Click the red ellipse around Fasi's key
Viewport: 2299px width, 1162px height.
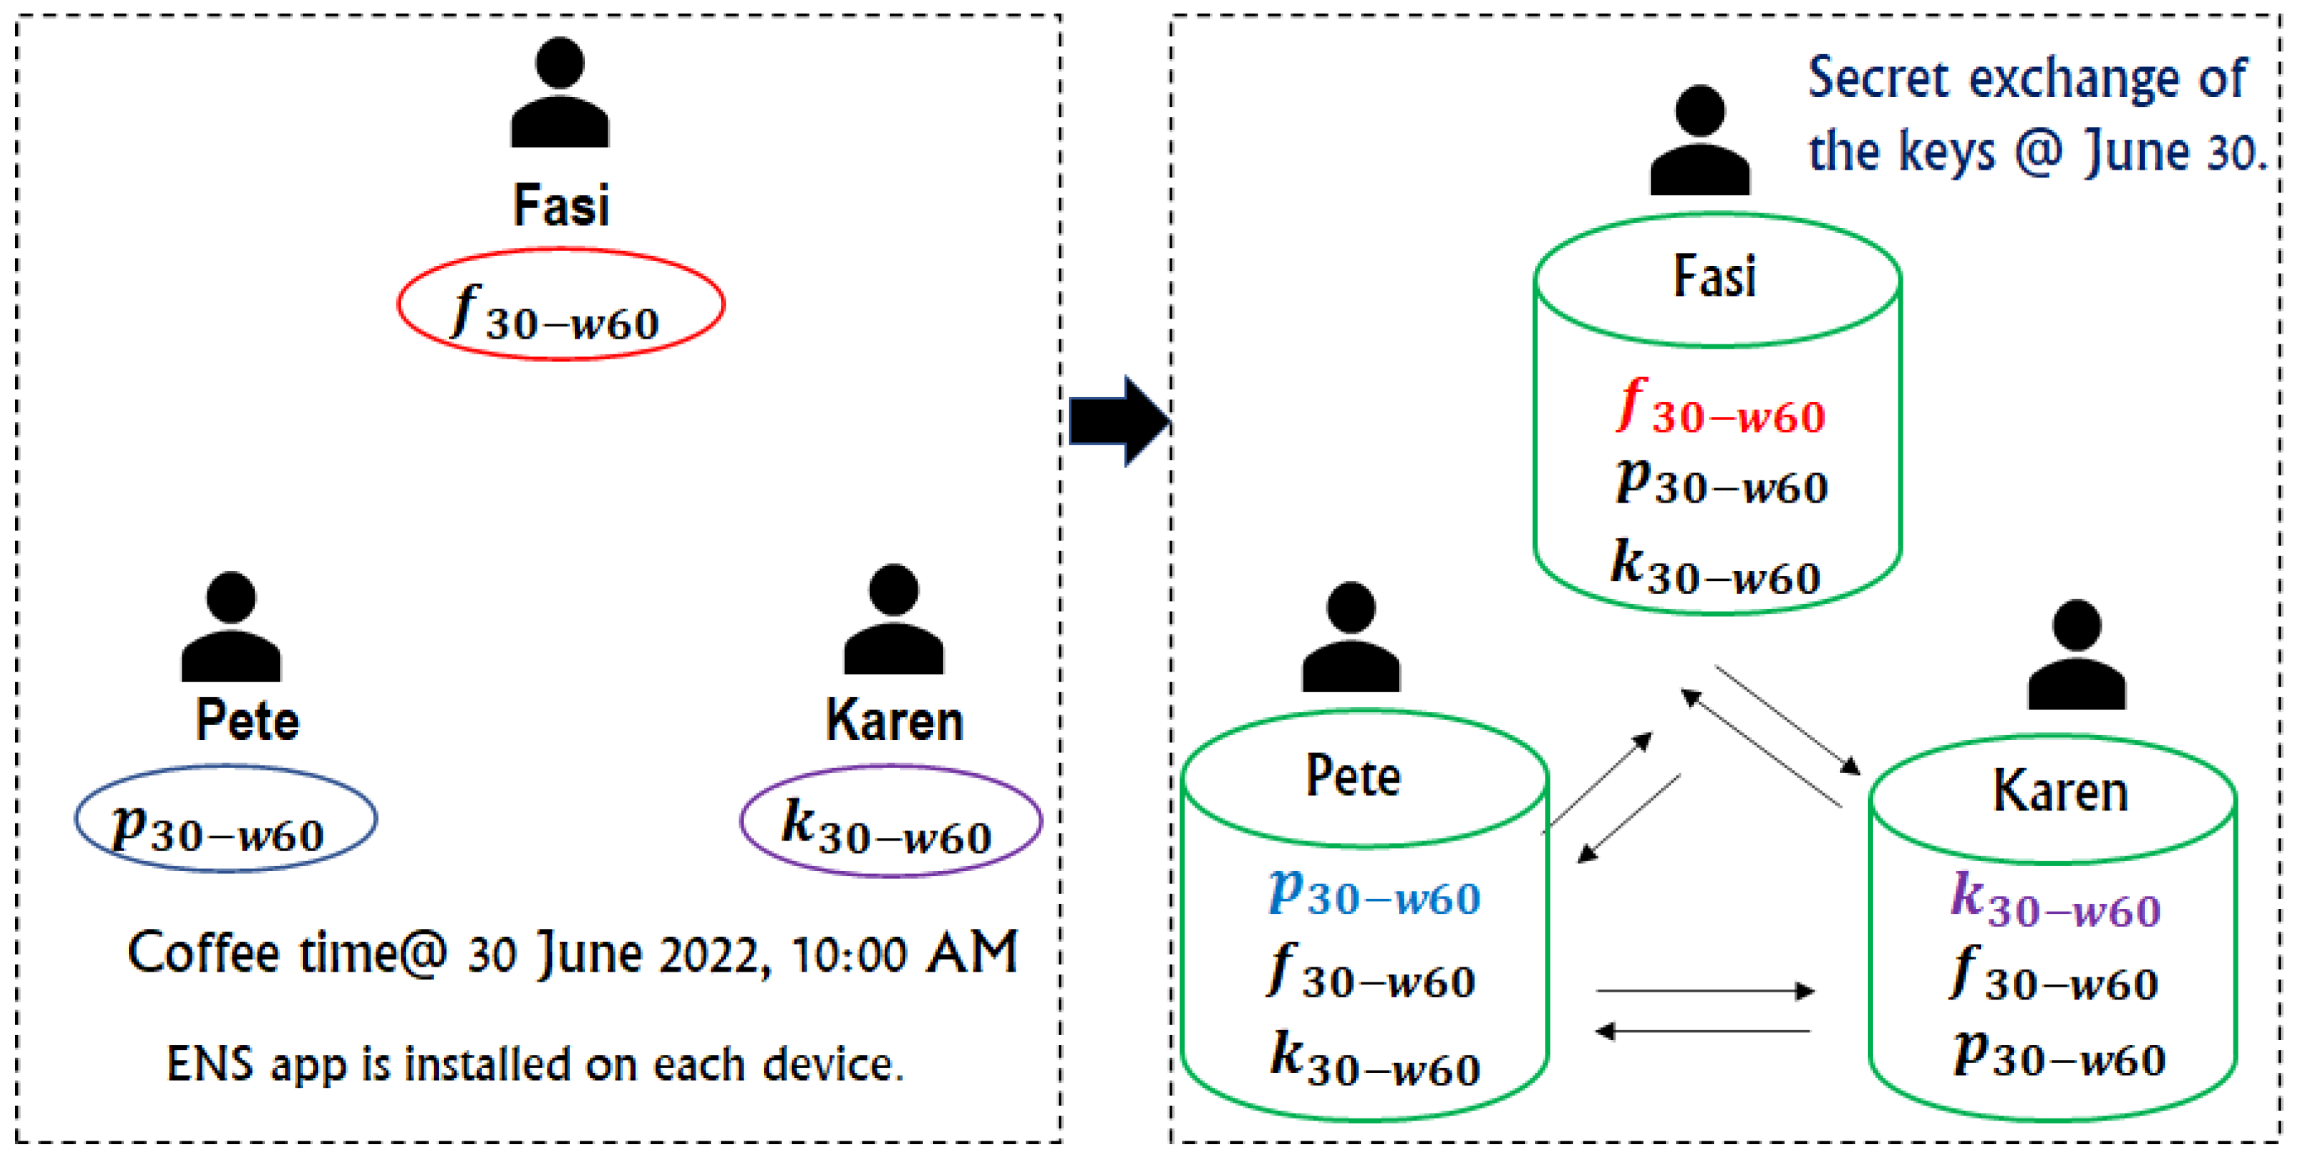(560, 252)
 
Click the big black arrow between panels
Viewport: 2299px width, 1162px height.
(1119, 421)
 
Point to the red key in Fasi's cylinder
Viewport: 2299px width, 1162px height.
(1720, 408)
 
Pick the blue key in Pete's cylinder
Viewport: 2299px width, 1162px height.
(1375, 893)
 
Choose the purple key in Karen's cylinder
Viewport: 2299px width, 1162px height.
(2055, 901)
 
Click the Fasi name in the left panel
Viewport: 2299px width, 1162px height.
(560, 205)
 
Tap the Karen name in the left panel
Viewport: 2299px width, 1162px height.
(894, 721)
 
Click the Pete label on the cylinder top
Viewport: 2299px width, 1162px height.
(1353, 776)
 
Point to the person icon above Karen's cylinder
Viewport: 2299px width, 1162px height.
(2077, 655)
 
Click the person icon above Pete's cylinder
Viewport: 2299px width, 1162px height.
(1350, 637)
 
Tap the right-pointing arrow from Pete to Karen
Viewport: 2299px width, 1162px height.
(1705, 991)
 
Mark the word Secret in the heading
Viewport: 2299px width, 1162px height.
(1879, 78)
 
